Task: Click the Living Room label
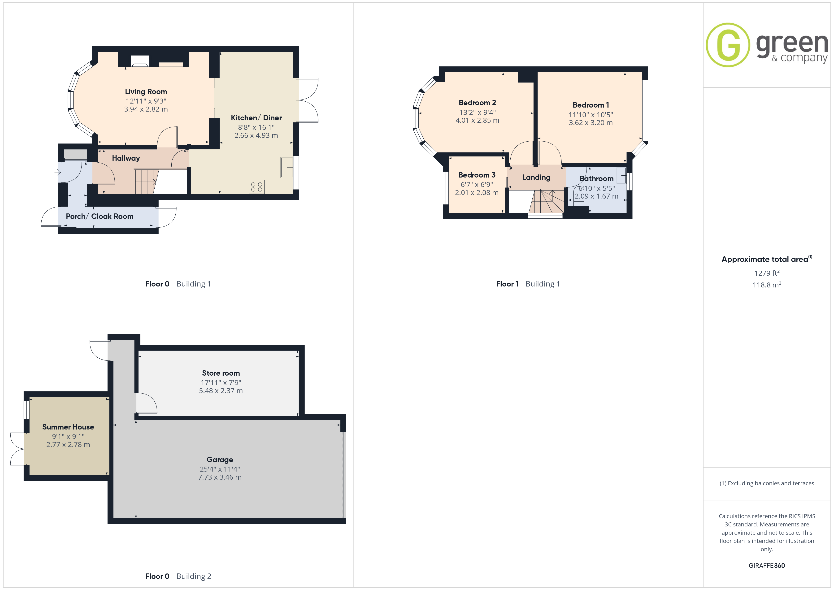click(146, 91)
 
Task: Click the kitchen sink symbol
click(287, 168)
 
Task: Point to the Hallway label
click(126, 158)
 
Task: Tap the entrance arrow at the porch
click(58, 172)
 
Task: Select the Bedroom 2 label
click(477, 103)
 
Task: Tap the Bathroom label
click(596, 179)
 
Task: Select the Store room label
click(221, 373)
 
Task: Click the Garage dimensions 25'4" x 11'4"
click(220, 469)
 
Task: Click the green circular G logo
click(728, 45)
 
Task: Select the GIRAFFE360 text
click(767, 566)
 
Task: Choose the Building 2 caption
click(194, 577)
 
